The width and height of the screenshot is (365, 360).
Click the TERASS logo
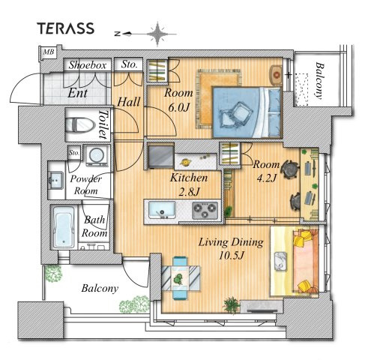click(x=66, y=28)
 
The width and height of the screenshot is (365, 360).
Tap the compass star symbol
click(x=157, y=34)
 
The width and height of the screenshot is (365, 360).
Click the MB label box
click(x=49, y=52)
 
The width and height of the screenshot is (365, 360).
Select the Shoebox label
click(x=88, y=65)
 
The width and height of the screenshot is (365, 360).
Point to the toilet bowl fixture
click(x=80, y=124)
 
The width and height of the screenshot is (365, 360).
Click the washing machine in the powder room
click(x=97, y=155)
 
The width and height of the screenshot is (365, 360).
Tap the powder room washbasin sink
click(x=55, y=180)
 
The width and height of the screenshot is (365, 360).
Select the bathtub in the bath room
click(x=64, y=227)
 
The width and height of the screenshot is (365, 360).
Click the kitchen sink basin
click(x=162, y=209)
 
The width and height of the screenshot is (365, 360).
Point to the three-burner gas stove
click(x=205, y=210)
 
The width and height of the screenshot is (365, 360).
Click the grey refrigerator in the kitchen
click(x=160, y=156)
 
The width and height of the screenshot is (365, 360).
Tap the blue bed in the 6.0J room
click(x=247, y=112)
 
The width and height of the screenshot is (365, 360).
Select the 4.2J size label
click(x=267, y=178)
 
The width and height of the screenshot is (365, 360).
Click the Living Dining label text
click(x=231, y=242)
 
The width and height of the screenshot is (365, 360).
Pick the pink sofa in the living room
click(x=306, y=261)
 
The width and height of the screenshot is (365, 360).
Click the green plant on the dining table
click(x=178, y=279)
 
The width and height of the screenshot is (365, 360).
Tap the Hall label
click(x=129, y=102)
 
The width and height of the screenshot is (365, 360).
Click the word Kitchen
click(x=189, y=178)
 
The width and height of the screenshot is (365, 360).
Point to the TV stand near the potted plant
click(x=262, y=307)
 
